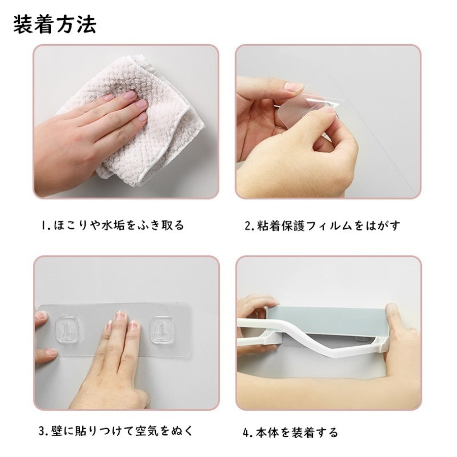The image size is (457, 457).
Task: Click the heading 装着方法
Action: (x=55, y=24)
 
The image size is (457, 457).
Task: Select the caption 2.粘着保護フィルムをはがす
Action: (x=322, y=226)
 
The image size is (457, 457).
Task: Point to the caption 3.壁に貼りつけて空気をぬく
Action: (x=116, y=431)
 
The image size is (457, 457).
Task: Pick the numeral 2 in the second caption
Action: (x=247, y=226)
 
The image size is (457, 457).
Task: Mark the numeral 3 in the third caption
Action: (x=42, y=431)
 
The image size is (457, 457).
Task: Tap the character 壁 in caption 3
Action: (x=56, y=431)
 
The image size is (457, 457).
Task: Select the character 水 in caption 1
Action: (x=107, y=225)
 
